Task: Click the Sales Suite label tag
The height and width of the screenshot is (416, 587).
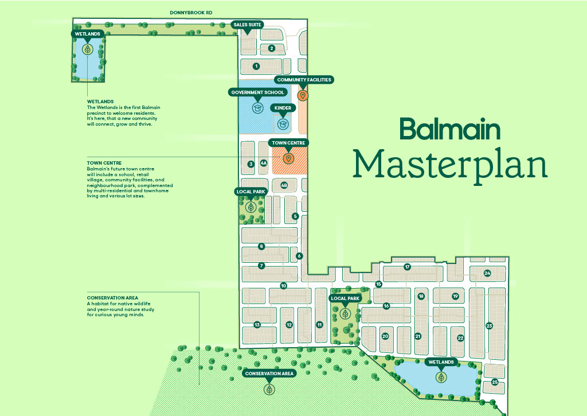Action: coord(247,24)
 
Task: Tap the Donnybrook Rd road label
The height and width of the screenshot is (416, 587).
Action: coord(191,12)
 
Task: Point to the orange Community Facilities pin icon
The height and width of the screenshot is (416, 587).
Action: coord(303,95)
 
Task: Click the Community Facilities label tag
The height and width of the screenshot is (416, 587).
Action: coord(303,80)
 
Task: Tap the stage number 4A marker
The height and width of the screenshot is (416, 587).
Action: coord(264,164)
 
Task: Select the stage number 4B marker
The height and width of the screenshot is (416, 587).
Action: coord(284,185)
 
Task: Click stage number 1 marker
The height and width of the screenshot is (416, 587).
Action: coord(257,67)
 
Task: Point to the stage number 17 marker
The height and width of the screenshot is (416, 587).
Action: coord(407,267)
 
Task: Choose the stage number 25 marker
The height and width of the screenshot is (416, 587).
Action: coord(494,383)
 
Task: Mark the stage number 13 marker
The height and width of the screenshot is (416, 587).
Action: coord(257,325)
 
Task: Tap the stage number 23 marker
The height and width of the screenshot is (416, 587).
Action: coord(489,326)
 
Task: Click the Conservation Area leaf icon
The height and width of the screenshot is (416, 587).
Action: coord(269,390)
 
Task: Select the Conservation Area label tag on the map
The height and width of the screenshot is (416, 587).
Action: coord(269,374)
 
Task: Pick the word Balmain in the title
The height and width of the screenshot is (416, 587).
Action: coord(450,129)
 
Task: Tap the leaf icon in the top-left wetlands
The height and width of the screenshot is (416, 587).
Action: coord(88,49)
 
